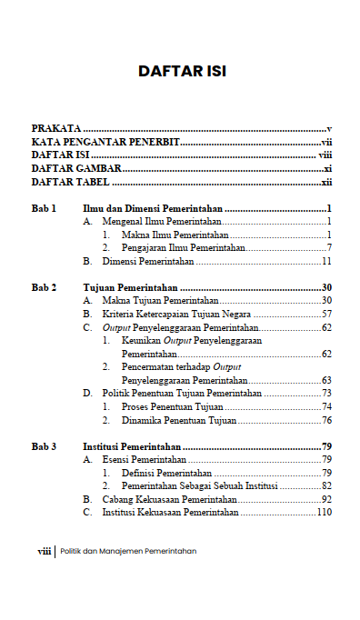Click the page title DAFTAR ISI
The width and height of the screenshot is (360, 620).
(x=182, y=71)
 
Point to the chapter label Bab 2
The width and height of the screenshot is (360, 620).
(x=45, y=287)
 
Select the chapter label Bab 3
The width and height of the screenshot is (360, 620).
(x=45, y=447)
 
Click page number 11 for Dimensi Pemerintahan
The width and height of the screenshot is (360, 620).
(x=326, y=261)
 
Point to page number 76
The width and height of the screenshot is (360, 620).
(x=326, y=421)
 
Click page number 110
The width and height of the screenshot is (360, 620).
(x=324, y=513)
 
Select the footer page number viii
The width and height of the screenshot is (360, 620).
(x=44, y=551)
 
